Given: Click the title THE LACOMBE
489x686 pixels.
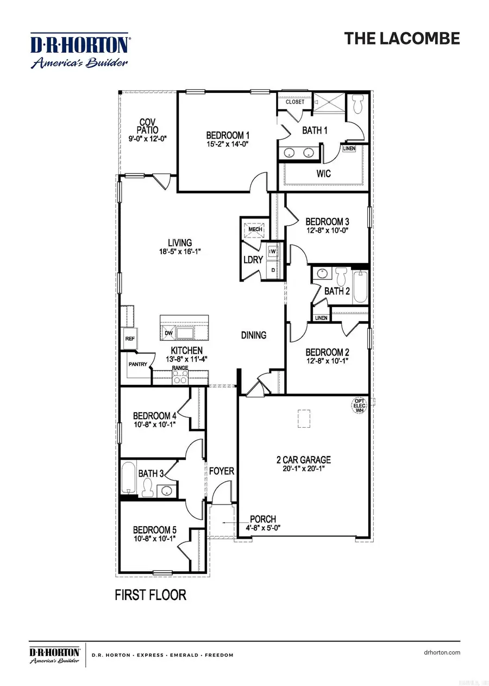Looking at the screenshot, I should tap(402, 38).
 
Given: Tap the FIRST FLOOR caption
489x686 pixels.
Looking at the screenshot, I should tap(151, 595).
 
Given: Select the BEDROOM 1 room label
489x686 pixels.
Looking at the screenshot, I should tap(228, 135).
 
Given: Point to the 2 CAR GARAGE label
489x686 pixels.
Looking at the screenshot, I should tap(303, 459).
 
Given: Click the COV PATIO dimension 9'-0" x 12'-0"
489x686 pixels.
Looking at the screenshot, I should tap(144, 139).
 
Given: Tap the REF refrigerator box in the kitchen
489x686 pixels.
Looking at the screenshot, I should tap(130, 338).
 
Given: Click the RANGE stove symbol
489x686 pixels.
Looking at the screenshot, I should tap(180, 377).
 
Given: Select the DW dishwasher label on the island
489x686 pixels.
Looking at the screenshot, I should tap(168, 332).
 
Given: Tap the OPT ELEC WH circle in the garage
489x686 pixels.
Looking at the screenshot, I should tap(359, 405).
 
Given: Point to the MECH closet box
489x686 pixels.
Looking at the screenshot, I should tap(255, 229).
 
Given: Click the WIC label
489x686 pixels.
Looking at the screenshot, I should tap(324, 174).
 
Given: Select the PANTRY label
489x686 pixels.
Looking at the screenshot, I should tap(137, 364).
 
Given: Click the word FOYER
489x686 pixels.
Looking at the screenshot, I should tap(222, 471).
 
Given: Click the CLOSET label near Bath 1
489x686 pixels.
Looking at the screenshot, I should tap(295, 102).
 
